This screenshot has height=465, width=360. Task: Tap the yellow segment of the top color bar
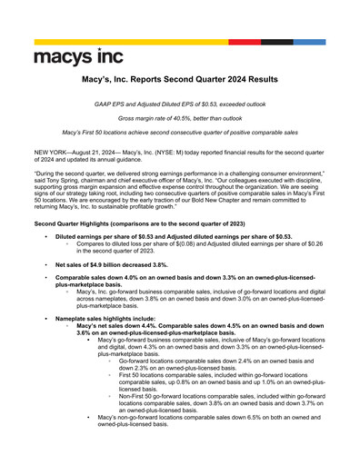[x=135, y=43]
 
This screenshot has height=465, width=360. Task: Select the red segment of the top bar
[x=252, y=43]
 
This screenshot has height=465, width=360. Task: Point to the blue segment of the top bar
[x=310, y=43]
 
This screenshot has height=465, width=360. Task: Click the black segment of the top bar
[x=279, y=43]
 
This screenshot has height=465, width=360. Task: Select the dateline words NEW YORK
[x=52, y=148]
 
